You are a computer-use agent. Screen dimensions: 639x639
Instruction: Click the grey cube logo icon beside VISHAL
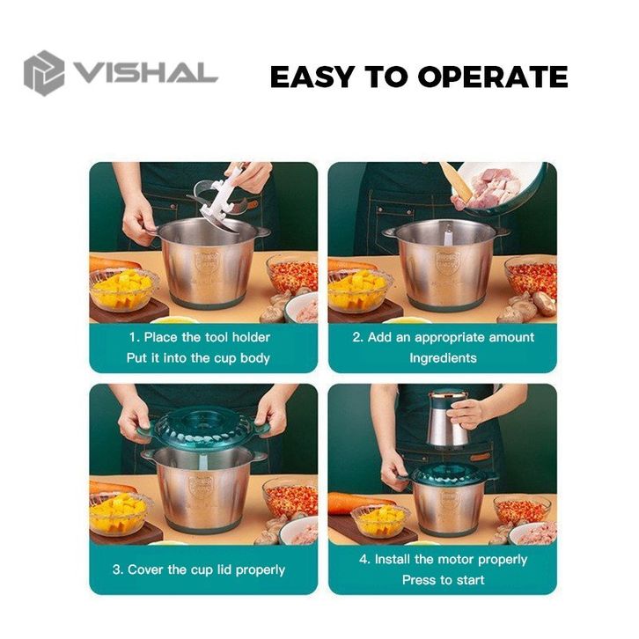point(44,73)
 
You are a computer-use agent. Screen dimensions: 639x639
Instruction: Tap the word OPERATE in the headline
point(493,77)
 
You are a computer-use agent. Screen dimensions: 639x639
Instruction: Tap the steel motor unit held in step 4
point(448,419)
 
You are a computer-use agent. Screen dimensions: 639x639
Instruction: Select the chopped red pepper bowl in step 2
point(531,276)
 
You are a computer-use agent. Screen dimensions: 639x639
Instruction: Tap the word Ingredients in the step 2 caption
point(443,358)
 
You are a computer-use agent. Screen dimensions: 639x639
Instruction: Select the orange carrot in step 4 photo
point(358,503)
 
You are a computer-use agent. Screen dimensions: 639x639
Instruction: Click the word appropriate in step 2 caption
point(450,338)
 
